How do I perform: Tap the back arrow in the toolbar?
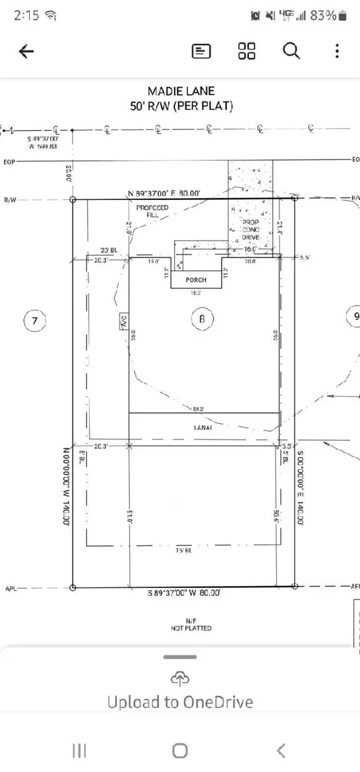tap(26, 52)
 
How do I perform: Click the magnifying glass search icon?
tap(291, 52)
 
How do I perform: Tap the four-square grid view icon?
tap(247, 52)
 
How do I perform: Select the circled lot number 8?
tap(202, 319)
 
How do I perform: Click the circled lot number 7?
tap(34, 322)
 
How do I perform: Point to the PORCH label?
tap(196, 280)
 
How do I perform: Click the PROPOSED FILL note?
tap(152, 211)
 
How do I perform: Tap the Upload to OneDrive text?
tap(180, 702)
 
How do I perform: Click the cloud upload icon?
tap(180, 678)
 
